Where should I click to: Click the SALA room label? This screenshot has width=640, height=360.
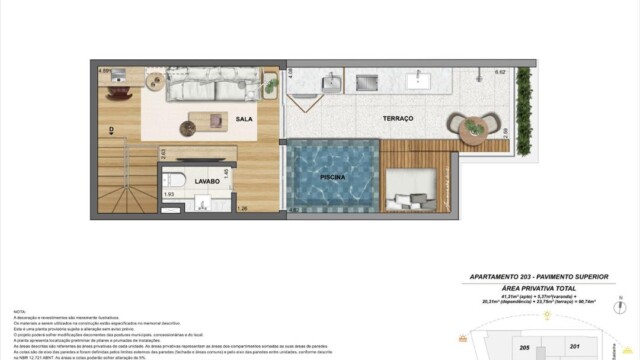[244, 119]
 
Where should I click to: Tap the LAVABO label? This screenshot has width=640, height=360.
[208, 182]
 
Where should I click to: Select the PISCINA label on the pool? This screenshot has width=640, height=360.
[333, 177]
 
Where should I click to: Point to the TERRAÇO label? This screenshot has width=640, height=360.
[397, 119]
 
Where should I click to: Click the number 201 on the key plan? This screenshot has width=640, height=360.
[573, 347]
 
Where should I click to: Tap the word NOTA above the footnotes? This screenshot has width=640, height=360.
[18, 311]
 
